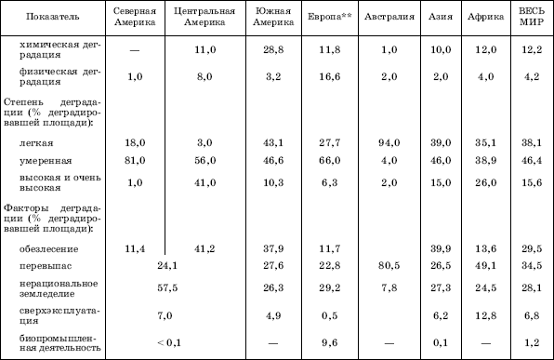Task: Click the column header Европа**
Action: tap(330, 17)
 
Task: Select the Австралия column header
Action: tap(389, 17)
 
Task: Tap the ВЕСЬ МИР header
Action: tap(532, 17)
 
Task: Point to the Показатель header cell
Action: tap(53, 17)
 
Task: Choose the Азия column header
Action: tap(441, 17)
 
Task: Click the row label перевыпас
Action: tap(46, 266)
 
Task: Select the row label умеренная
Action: tap(46, 161)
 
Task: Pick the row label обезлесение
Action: tap(48, 249)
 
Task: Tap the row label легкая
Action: tap(36, 143)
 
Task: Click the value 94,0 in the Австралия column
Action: tap(389, 143)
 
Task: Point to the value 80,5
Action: tap(389, 265)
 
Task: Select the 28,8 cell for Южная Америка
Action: tap(273, 49)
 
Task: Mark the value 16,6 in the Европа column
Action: tap(330, 76)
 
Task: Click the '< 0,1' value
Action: tap(169, 342)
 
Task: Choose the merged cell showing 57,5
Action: tap(167, 287)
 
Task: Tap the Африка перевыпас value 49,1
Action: tap(485, 265)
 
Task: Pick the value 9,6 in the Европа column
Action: tap(330, 342)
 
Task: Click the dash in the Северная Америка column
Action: tap(135, 50)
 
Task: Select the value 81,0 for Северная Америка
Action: tap(135, 161)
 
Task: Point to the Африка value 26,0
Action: tap(485, 183)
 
